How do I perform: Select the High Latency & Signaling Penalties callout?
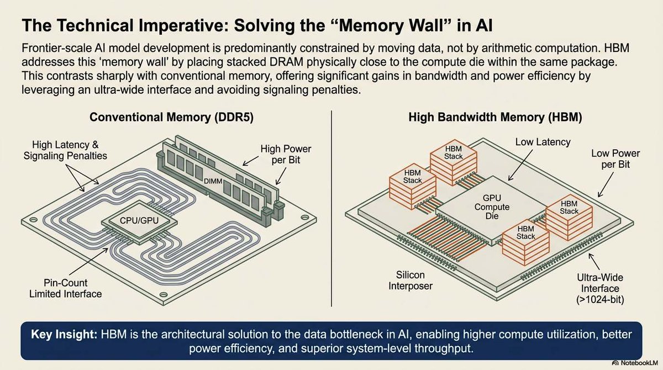pos(65,150)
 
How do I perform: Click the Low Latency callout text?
pos(543,142)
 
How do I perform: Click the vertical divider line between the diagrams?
pos(331,210)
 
